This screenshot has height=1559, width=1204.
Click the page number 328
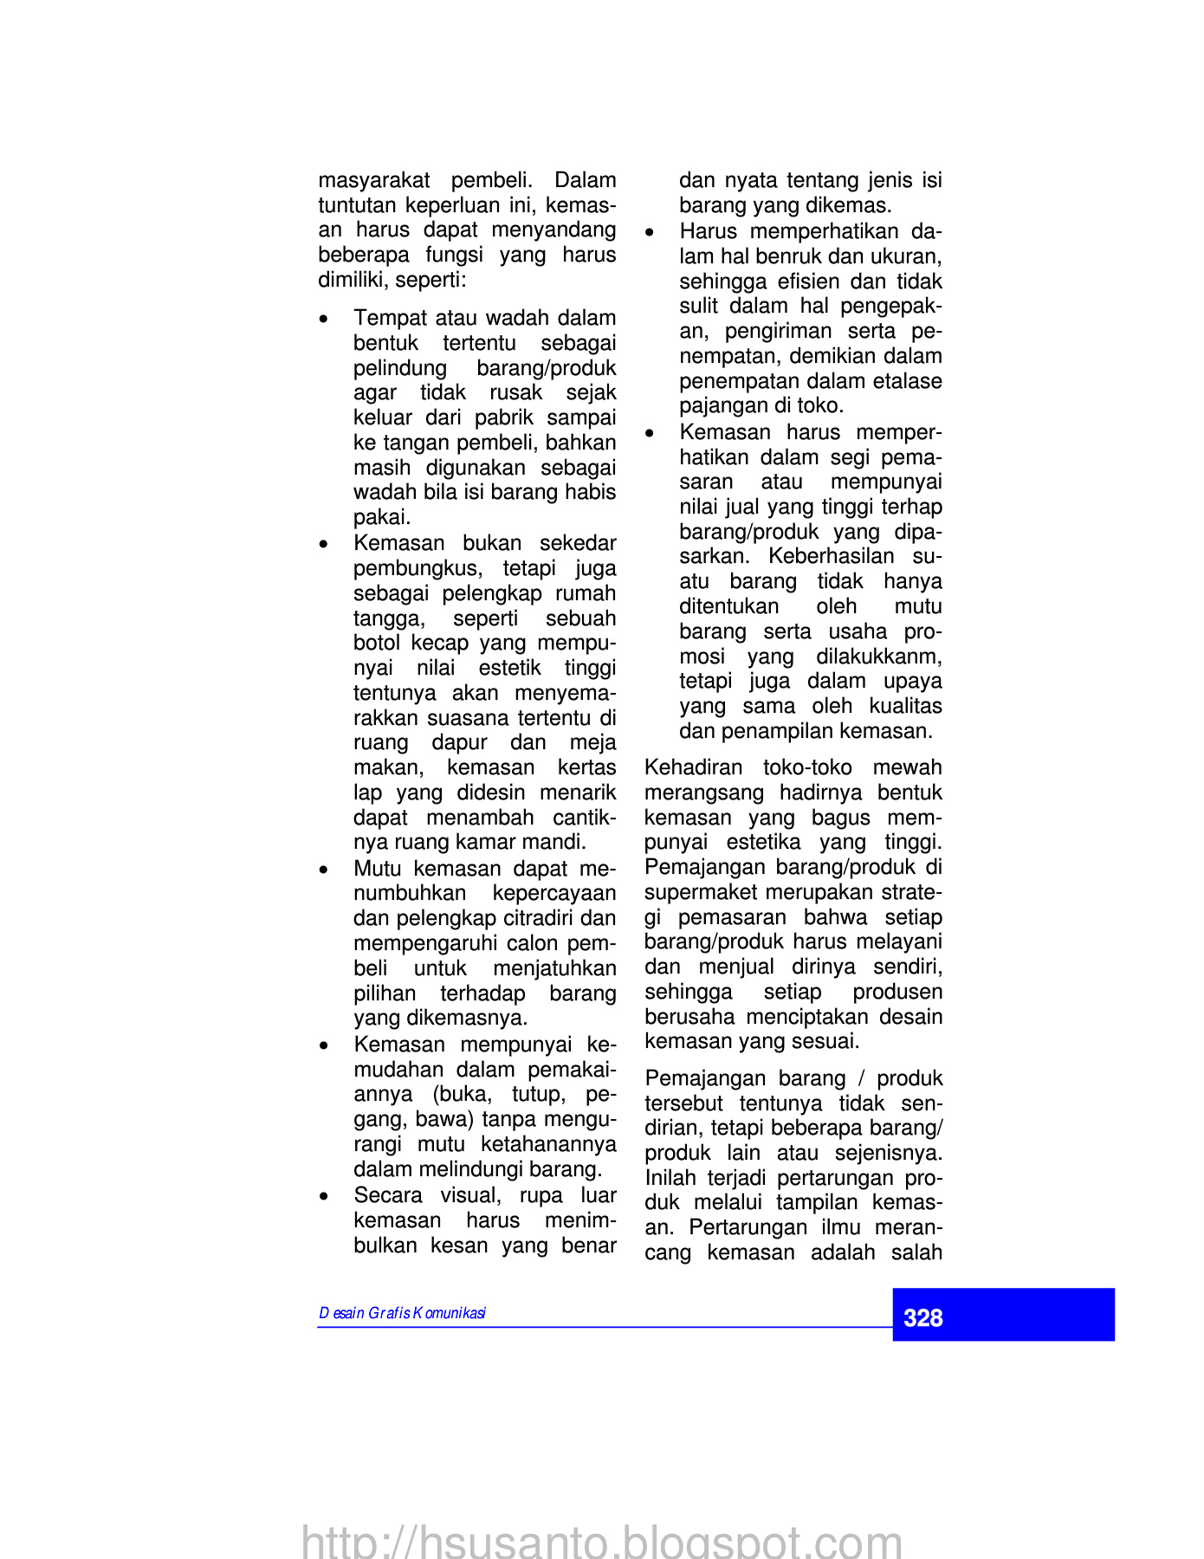[x=922, y=1318]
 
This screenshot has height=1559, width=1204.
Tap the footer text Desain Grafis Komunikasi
[x=402, y=1313]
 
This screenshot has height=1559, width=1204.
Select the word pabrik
[x=504, y=417]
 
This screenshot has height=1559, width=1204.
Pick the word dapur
[x=459, y=742]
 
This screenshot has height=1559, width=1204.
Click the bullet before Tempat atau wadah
[x=324, y=320]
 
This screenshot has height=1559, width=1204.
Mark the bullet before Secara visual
[x=324, y=1197]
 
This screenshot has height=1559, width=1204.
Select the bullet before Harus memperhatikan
[x=650, y=233]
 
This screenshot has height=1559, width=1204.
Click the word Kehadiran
[x=694, y=767]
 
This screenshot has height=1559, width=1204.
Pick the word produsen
[x=897, y=992]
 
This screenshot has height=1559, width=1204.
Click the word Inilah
[x=672, y=1178]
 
